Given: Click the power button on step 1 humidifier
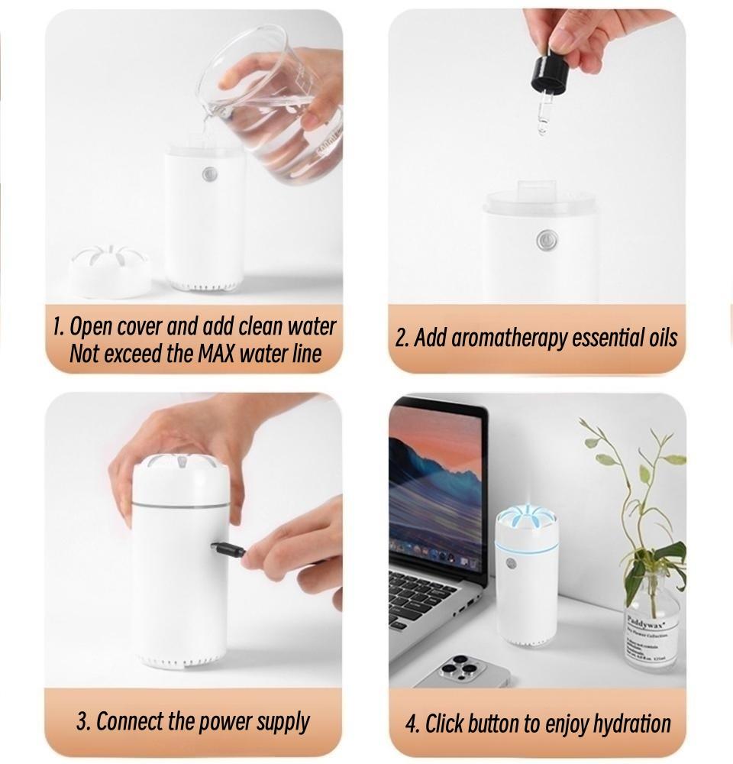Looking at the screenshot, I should [x=208, y=175].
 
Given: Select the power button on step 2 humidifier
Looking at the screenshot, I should [x=545, y=240].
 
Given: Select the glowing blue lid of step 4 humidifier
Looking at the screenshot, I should [x=527, y=527].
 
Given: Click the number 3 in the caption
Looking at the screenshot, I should [x=82, y=721].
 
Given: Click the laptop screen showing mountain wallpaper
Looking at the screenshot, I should [x=435, y=489].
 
